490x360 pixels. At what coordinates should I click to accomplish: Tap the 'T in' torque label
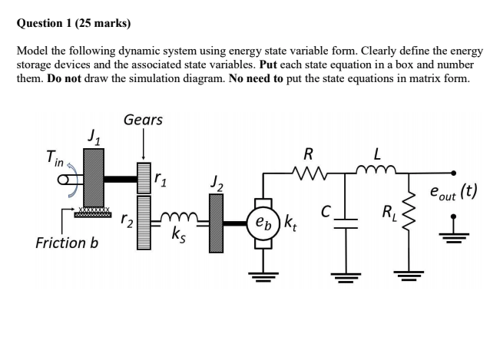point(55,158)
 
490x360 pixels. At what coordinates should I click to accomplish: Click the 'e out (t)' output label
point(452,191)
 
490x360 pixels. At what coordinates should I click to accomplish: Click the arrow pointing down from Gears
point(143,144)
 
